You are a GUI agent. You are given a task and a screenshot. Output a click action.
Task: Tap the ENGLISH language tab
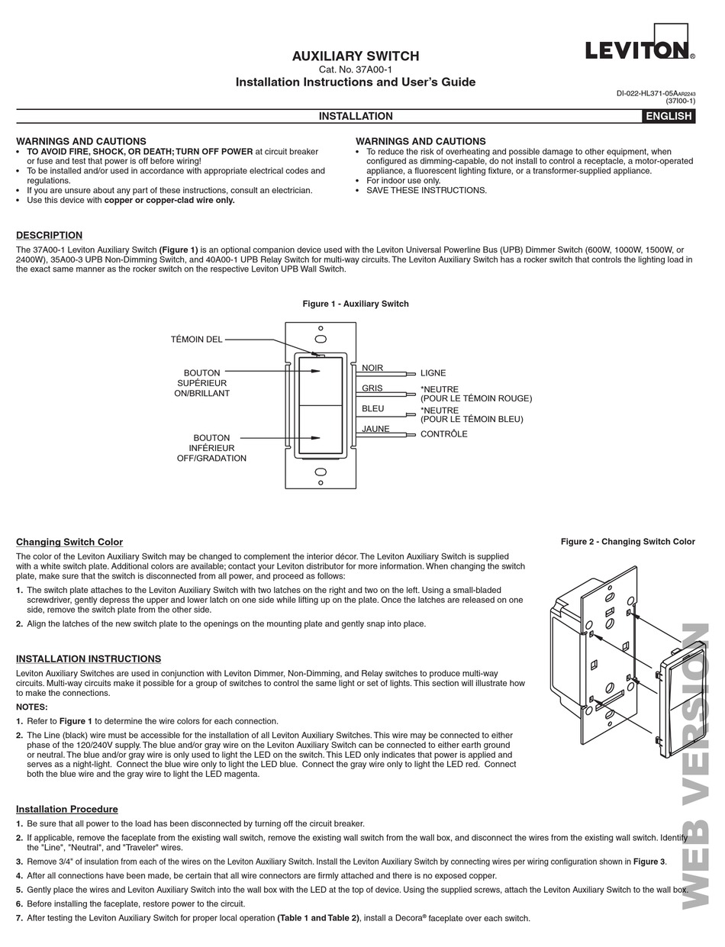pos(669,116)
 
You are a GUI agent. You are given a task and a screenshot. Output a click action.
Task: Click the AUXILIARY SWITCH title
pos(356,56)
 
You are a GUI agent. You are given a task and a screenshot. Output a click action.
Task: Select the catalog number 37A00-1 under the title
pos(355,69)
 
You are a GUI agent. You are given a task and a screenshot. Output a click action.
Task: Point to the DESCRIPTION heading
pos(49,235)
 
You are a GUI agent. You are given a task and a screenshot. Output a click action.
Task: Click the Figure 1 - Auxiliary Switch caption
pos(356,304)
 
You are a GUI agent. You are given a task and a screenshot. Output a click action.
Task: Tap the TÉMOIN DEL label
pos(197,340)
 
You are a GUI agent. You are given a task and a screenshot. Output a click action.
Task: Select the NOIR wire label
pos(372,368)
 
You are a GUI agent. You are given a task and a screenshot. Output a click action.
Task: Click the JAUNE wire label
pos(375,429)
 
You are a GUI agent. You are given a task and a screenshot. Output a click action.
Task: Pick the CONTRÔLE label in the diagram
pos(444,434)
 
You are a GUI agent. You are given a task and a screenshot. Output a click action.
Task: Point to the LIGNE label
pos(433,373)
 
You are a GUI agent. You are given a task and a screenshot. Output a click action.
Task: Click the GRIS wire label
pos(372,388)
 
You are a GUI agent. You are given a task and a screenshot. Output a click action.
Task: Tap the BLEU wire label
pos(373,409)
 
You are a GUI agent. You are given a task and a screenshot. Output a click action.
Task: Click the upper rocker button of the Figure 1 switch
pos(321,380)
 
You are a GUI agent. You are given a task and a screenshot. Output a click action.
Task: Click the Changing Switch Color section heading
pos(69,542)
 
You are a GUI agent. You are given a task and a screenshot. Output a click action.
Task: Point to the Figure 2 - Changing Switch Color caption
pos(627,542)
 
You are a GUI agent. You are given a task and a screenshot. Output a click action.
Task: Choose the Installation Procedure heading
pos(67,809)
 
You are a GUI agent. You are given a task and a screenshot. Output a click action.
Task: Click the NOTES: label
pos(32,707)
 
